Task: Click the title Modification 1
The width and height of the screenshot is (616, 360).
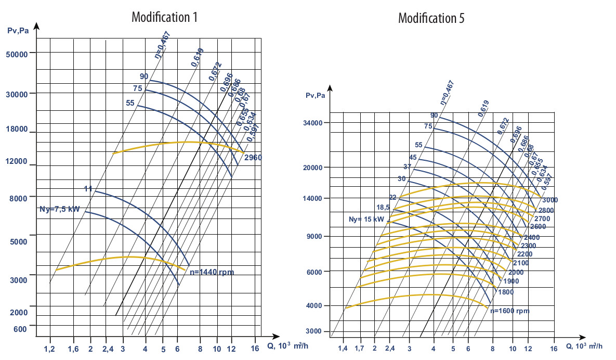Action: click(164, 17)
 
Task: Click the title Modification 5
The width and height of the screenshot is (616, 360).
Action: click(431, 18)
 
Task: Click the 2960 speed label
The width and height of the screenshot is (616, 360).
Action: click(254, 157)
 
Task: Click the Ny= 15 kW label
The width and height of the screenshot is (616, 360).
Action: click(366, 219)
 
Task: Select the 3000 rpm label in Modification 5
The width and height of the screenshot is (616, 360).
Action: click(550, 200)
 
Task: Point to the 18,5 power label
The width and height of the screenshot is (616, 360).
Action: click(383, 207)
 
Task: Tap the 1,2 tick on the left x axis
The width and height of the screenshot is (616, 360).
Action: click(50, 349)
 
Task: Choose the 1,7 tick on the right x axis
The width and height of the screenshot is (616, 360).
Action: click(359, 348)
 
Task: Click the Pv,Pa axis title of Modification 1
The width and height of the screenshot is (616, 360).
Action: click(18, 31)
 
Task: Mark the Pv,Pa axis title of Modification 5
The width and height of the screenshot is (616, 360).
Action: click(316, 95)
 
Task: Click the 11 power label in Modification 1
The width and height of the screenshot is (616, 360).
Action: click(88, 189)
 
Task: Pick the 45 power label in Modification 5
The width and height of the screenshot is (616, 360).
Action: click(413, 157)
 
